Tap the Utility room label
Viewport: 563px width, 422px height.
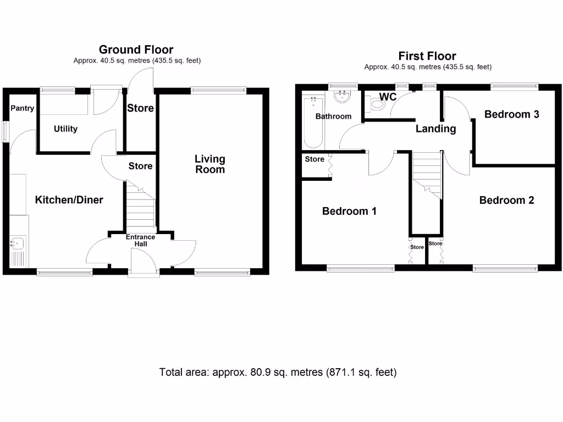(x=65, y=129)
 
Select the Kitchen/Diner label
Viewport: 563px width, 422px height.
(x=69, y=200)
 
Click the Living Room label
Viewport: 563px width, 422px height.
(x=210, y=164)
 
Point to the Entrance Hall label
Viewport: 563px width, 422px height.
(x=141, y=240)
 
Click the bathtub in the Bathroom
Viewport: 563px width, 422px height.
(x=313, y=122)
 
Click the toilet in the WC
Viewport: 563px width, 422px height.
(x=377, y=104)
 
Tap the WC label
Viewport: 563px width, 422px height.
(x=388, y=97)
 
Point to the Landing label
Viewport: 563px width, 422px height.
(x=435, y=129)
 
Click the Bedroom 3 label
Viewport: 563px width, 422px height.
(x=511, y=114)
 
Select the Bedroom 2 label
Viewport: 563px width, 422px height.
(x=506, y=200)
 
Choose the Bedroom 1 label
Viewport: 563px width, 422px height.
(x=349, y=211)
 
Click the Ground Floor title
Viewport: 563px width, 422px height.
(x=136, y=50)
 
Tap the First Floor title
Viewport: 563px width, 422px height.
(x=427, y=56)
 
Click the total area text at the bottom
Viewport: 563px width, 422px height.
(x=278, y=372)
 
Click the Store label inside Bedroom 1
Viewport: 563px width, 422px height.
(x=314, y=159)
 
